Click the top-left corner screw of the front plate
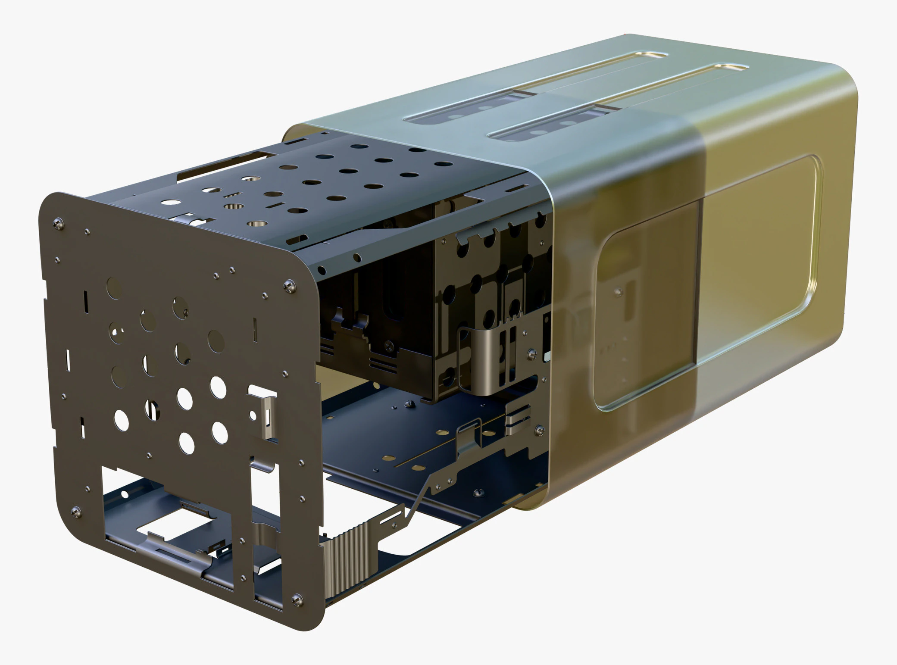click(58, 223)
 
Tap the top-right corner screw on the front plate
click(290, 285)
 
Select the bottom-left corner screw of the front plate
click(76, 512)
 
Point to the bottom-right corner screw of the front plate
click(297, 599)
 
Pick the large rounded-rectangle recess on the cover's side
click(707, 284)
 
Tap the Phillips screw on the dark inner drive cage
click(389, 345)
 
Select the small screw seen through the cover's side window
click(619, 292)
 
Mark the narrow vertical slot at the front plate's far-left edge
click(68, 360)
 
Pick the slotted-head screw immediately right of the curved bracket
click(532, 354)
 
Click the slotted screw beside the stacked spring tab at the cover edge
click(539, 429)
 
